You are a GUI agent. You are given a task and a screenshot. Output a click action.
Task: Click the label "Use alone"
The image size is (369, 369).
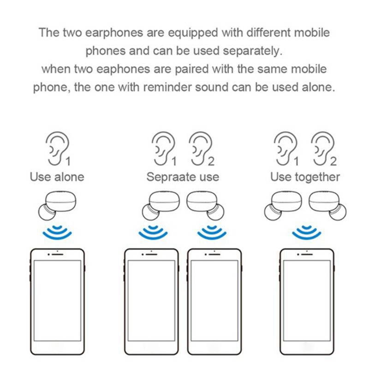pyautogui.click(x=57, y=177)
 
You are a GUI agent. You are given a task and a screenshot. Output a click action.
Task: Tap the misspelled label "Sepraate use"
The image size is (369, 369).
pyautogui.click(x=183, y=177)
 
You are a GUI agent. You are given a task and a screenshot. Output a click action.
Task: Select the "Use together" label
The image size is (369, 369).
pyautogui.click(x=305, y=177)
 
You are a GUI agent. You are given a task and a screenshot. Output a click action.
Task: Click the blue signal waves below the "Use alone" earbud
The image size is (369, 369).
pyautogui.click(x=57, y=232)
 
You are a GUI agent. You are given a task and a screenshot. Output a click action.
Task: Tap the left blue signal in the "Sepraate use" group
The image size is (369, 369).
pyautogui.click(x=152, y=232)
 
